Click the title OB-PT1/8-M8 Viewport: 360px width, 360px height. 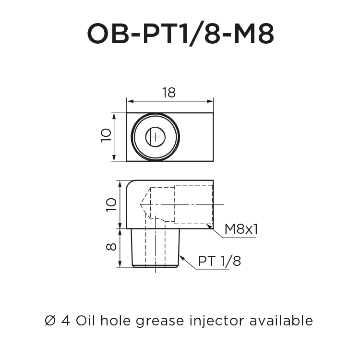coord(180,34)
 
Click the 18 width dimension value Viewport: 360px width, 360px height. coord(168,93)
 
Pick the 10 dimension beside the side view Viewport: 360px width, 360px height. coord(111,204)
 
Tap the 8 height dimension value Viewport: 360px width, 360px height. coord(111,247)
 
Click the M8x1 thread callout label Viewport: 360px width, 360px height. coord(241,229)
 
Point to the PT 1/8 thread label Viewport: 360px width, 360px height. coord(219,262)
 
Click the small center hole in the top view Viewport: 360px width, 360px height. coord(155,137)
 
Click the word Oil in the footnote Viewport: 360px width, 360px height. coord(86,320)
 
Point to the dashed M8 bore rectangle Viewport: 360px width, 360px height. coord(192,204)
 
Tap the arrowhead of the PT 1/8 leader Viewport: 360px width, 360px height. coord(182,256)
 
